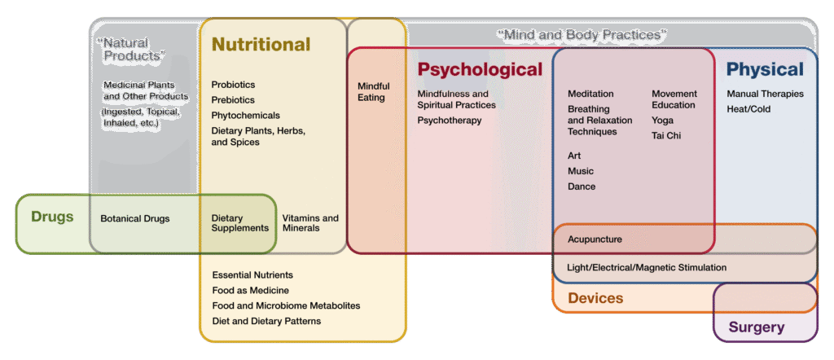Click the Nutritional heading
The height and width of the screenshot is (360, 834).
tap(261, 45)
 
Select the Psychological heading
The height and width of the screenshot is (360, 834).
tap(480, 70)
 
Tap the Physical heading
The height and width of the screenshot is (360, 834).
tap(765, 70)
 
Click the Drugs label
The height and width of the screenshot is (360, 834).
tap(52, 217)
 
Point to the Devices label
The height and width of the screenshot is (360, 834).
tap(595, 298)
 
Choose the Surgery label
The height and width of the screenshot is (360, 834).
tap(757, 327)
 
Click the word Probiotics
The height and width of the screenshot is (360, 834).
tap(233, 85)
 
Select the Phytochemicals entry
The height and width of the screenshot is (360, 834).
tap(245, 116)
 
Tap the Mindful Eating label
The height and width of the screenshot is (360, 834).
tap(374, 92)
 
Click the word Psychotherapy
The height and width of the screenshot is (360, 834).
tap(450, 121)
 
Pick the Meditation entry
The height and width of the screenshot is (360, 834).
tap(590, 94)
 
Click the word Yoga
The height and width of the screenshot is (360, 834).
tap(662, 120)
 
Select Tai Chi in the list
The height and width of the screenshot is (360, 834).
tap(666, 135)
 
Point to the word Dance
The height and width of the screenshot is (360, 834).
tap(582, 187)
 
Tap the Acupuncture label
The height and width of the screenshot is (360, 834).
tap(595, 239)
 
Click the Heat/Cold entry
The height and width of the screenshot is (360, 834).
tap(748, 109)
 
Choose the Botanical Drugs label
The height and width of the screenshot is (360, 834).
tap(135, 219)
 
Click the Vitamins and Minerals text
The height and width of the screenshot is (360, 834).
tap(310, 223)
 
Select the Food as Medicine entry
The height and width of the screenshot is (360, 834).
tap(251, 291)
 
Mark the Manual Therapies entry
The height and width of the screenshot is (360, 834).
tap(765, 94)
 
